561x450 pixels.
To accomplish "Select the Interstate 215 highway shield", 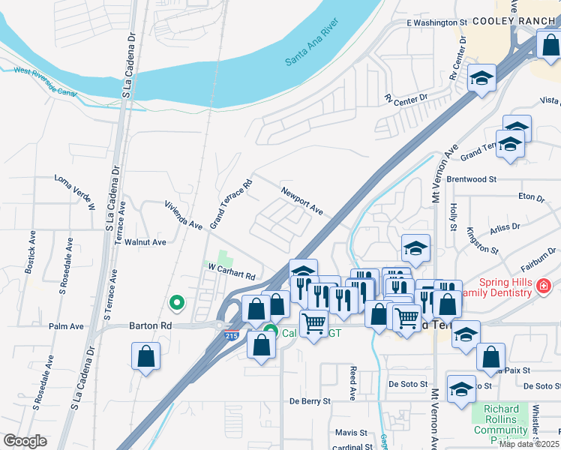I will (x=231, y=338).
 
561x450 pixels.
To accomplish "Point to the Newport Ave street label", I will (x=302, y=201).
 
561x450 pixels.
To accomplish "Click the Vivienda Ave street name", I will (x=184, y=214).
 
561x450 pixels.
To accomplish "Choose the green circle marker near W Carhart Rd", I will (x=177, y=303).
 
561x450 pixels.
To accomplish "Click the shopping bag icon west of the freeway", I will (x=145, y=356).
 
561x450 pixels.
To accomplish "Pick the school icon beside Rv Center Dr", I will (x=481, y=78).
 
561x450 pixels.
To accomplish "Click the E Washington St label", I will (x=436, y=23).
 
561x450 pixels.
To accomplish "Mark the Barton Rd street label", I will (x=150, y=326).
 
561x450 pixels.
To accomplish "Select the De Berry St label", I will (x=310, y=401).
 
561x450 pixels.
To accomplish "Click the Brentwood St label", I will (x=472, y=180).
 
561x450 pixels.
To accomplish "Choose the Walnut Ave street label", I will (x=145, y=242).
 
